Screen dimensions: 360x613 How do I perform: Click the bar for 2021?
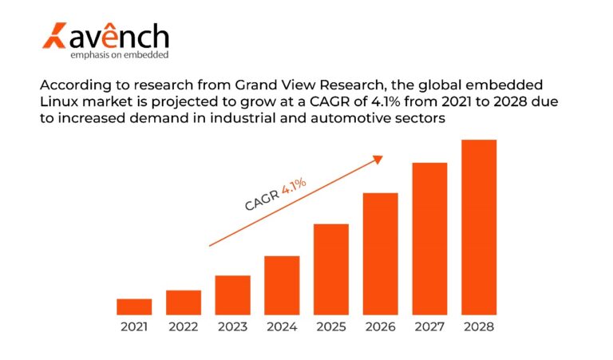point(134,307)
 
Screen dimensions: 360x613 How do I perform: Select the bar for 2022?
point(184,303)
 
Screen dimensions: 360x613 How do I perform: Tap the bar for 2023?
point(232,295)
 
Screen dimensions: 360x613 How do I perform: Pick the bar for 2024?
point(282,285)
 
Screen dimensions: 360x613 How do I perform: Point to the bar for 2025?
point(330,269)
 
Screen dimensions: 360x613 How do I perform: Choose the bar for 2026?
point(380,254)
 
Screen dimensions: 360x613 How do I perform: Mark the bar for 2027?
point(429,239)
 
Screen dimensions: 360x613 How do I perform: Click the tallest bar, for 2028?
point(479,227)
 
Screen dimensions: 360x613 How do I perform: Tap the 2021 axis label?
point(134,327)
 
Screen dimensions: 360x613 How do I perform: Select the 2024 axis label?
point(282,327)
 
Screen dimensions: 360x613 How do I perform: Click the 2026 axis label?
point(380,327)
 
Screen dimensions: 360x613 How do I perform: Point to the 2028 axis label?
point(479,327)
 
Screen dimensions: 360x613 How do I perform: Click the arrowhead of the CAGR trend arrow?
point(378,159)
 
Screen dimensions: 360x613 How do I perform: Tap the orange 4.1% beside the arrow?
point(294,189)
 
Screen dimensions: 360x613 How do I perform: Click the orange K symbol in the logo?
point(55,37)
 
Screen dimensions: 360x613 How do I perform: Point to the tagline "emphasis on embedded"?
point(120,54)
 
